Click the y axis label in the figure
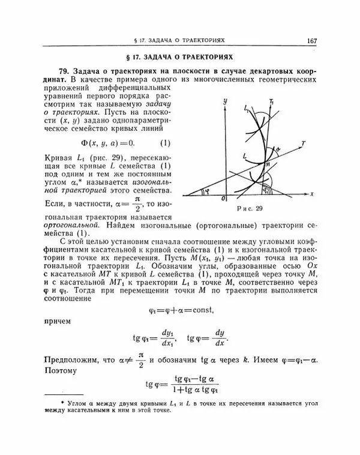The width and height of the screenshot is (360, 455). [224, 103]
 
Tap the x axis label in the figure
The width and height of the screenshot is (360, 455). [313, 194]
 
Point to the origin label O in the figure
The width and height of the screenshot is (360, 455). [223, 199]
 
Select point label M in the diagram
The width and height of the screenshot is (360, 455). [268, 164]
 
